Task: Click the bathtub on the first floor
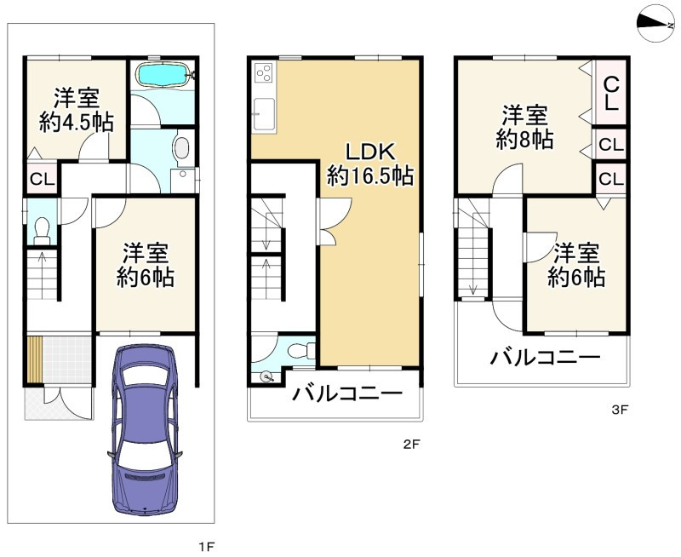(163, 76)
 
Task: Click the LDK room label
(370, 152)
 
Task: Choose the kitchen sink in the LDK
(264, 113)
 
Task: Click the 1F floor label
(206, 546)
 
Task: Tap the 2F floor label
(411, 444)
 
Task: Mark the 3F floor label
(620, 410)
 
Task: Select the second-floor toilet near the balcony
(303, 350)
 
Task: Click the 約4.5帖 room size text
(77, 122)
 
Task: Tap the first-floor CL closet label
(42, 179)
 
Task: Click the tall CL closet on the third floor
(611, 93)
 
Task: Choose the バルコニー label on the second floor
(347, 393)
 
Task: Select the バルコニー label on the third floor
(545, 357)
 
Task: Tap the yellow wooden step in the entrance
(35, 359)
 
